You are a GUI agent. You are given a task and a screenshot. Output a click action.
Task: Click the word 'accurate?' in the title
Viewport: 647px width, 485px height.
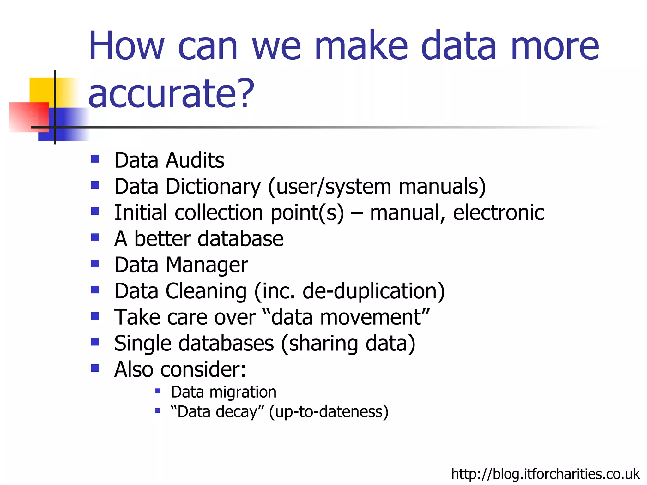171,93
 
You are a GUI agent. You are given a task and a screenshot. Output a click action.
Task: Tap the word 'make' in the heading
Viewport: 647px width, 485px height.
361,45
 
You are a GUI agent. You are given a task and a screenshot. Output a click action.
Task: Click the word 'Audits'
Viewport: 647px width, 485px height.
195,160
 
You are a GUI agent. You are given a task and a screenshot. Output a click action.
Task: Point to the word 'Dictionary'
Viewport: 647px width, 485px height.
214,187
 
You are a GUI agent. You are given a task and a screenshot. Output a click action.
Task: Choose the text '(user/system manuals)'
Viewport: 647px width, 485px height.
377,187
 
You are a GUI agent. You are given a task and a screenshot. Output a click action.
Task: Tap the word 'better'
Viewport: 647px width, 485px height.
162,239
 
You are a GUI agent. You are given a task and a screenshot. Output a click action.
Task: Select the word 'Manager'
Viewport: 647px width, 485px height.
207,265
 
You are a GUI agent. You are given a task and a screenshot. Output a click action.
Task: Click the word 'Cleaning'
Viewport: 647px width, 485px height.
206,291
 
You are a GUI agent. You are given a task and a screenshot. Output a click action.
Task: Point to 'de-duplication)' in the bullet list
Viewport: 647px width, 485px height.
373,291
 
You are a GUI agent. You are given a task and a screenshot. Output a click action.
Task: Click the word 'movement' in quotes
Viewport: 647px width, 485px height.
346,317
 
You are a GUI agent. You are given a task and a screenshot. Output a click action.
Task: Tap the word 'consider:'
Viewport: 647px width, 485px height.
203,369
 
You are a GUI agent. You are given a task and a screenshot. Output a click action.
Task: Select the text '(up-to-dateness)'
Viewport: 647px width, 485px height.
329,412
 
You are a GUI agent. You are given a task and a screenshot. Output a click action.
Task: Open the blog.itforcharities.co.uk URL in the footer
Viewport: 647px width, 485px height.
545,474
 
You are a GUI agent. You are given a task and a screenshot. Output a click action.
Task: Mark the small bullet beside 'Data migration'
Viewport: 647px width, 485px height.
158,392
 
